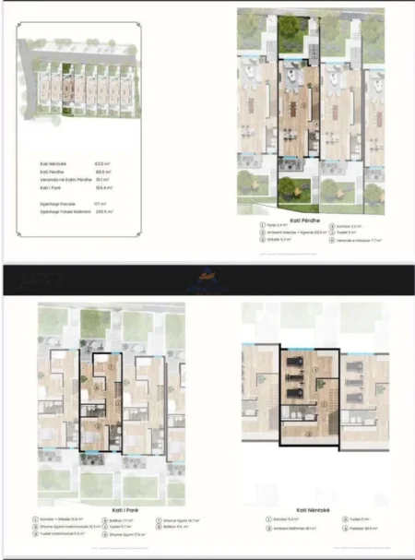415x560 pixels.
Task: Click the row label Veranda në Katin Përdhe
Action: tap(57, 179)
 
